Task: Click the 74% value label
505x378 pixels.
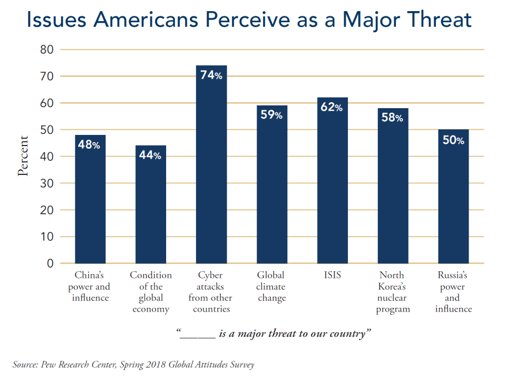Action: (211, 75)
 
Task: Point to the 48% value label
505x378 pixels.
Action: (90, 145)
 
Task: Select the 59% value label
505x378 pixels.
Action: (272, 115)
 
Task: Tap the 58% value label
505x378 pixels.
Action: (393, 118)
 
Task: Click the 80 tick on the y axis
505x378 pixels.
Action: (46, 50)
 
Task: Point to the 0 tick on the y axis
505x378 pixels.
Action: (50, 263)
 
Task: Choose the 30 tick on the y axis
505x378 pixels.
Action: (46, 183)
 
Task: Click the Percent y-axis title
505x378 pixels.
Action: (23, 156)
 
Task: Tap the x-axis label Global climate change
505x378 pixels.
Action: (272, 287)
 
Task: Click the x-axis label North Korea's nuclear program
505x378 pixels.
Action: (392, 292)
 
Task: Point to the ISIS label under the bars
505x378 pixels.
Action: (332, 275)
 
